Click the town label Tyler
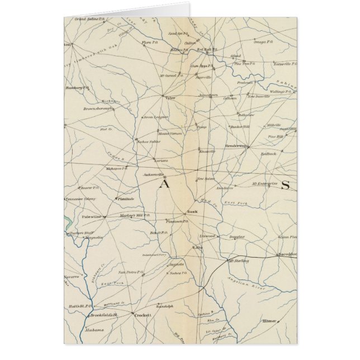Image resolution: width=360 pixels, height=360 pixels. coord(171,97)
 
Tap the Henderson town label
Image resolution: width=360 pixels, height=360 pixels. coord(237,146)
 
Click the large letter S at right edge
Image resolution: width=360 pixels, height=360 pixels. coord(285,185)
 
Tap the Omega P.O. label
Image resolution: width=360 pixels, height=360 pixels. coord(263,41)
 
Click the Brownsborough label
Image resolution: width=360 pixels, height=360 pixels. coord(97,108)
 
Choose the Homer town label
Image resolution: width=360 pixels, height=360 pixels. coord(269,321)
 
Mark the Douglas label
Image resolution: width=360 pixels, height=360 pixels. coord(237,236)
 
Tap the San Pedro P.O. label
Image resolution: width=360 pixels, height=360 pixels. coord(129,272)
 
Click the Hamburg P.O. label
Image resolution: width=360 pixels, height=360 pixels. coord(78,88)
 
